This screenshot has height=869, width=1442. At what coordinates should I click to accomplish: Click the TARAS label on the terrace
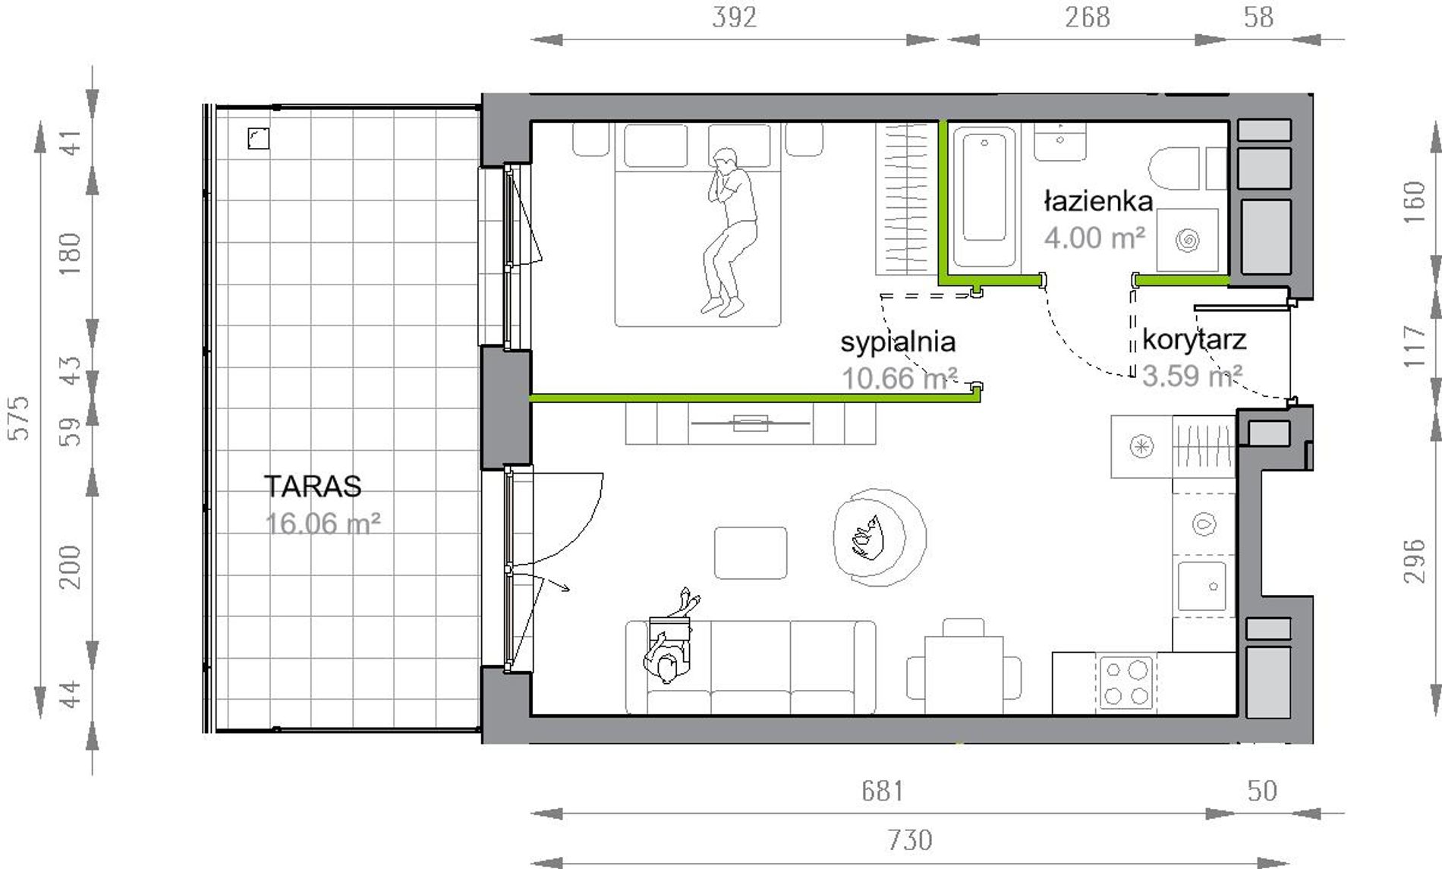(313, 486)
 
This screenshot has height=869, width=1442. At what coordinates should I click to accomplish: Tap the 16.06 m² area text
(323, 524)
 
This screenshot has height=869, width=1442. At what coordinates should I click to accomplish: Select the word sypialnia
(898, 343)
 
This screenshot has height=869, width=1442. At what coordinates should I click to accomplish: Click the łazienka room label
(1099, 201)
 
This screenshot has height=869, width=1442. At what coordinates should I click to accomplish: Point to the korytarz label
(1194, 339)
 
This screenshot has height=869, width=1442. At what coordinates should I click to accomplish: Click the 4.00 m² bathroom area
(1094, 238)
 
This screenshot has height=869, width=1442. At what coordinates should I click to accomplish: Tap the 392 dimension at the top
(734, 17)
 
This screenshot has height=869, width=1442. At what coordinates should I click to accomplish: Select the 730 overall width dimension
(909, 840)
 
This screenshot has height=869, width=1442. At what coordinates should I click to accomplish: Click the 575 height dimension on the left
(18, 417)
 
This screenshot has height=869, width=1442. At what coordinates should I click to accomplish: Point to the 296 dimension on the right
(1414, 561)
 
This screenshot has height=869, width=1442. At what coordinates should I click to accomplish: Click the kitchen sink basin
(1201, 585)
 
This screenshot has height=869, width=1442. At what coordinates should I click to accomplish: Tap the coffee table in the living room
(751, 553)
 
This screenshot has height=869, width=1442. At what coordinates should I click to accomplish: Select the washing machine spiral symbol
(1188, 241)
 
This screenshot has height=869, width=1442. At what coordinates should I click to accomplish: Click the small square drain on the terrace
(259, 138)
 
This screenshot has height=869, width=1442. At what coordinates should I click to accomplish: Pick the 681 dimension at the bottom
(883, 792)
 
